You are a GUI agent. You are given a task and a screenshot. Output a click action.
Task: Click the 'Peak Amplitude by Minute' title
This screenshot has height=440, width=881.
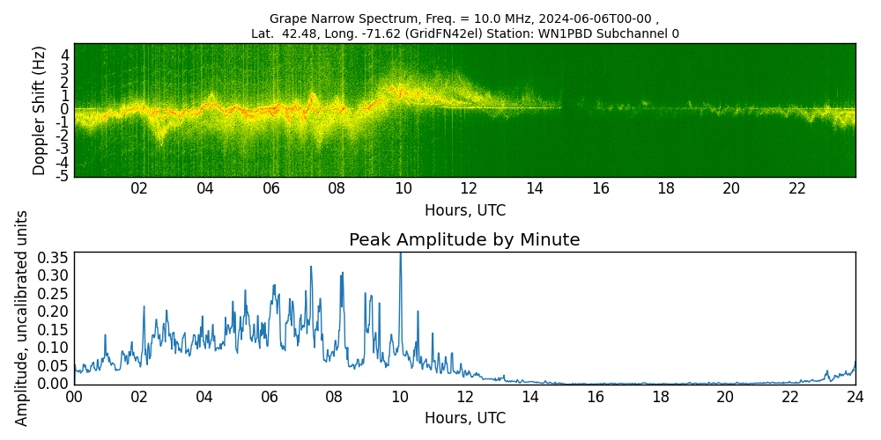(x=464, y=240)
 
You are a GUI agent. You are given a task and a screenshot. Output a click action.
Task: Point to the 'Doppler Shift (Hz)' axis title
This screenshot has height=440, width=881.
(x=39, y=110)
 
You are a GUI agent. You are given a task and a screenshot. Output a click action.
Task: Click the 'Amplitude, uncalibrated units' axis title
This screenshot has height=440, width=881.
(x=21, y=318)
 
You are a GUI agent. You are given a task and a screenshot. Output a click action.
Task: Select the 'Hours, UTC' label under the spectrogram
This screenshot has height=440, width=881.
(x=464, y=211)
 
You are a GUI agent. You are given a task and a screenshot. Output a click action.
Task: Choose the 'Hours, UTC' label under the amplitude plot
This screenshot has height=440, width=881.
(x=464, y=418)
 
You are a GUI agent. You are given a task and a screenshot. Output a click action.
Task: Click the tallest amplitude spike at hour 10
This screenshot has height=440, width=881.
(x=400, y=254)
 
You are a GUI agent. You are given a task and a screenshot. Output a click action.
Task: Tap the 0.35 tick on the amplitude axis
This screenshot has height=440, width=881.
(x=52, y=257)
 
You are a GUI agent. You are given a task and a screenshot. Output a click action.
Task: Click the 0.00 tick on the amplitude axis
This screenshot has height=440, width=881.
(x=52, y=384)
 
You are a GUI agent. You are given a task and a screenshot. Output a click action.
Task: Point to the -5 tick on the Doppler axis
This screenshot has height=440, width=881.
(x=63, y=176)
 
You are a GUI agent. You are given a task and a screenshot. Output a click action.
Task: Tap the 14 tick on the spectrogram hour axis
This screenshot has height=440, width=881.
(x=534, y=188)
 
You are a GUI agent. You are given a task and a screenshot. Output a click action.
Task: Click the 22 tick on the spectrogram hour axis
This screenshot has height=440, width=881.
(x=797, y=188)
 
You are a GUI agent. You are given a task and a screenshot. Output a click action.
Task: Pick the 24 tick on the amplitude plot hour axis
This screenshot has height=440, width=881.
(x=855, y=396)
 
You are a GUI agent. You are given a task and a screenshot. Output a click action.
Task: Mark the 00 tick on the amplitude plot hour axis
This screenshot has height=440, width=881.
(x=74, y=396)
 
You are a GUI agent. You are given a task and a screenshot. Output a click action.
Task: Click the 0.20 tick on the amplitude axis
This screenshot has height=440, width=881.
(x=52, y=312)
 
